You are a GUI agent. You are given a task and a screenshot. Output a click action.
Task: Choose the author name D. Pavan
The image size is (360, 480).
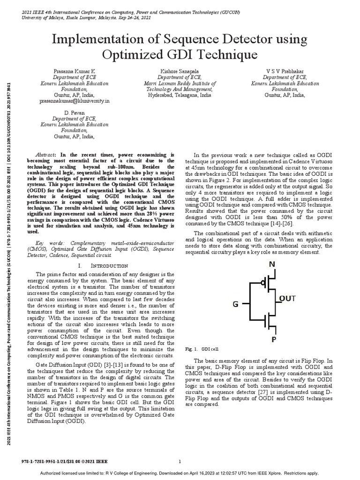point(74,112)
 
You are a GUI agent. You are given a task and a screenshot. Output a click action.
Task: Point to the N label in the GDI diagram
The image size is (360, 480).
point(272,264)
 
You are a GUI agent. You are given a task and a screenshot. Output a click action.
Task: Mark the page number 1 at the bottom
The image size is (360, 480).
point(180,462)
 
